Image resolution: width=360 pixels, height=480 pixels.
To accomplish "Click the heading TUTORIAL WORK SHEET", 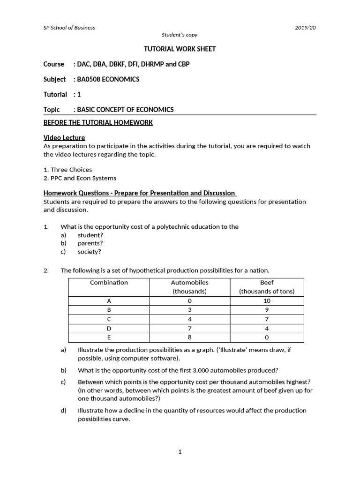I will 180,49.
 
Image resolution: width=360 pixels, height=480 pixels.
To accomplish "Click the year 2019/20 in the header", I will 306,28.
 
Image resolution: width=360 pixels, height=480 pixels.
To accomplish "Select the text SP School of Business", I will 69,28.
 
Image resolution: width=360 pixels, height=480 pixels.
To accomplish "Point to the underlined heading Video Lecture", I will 64,137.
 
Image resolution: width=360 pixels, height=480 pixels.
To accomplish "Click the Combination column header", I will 109,283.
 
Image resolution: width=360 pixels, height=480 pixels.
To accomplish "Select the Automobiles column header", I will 189,283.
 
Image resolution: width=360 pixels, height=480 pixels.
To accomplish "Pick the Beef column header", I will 267,283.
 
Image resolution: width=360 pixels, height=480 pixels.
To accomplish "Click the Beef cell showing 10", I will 267,301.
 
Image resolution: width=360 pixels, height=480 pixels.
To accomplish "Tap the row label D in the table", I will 109,329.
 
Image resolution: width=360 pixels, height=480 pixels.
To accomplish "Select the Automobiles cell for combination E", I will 189,337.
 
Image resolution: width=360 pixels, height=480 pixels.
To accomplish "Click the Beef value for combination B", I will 267,310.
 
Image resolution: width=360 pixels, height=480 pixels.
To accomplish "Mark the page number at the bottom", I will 180,452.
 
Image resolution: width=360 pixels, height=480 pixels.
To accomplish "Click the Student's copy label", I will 180,35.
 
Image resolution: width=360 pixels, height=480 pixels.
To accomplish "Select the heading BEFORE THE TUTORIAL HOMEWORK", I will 98,123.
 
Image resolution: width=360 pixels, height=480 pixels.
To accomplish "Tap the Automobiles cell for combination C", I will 189,319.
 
